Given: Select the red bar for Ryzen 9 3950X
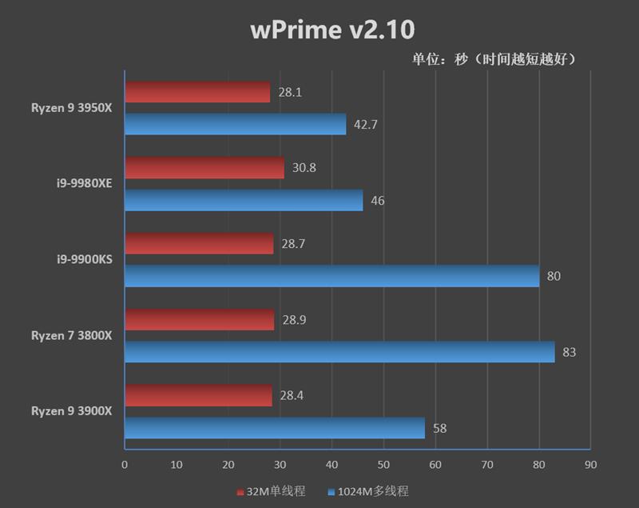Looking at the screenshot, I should coord(197,93).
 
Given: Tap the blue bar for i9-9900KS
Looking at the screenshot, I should coord(331,276).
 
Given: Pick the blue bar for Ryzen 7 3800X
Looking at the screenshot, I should coord(339,352).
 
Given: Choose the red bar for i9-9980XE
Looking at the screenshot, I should coord(204,168).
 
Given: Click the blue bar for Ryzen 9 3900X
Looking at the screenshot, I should coord(275,428).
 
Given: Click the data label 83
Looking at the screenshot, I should coord(570,352).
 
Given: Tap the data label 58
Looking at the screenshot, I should coord(439,428).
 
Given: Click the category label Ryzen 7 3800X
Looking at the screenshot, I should coord(72,335).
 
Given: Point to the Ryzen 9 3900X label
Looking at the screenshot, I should coord(72,410).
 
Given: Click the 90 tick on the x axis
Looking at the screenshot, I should coord(590,464).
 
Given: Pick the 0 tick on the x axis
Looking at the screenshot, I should coord(125,464).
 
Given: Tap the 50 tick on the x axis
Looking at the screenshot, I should coord(383,464).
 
